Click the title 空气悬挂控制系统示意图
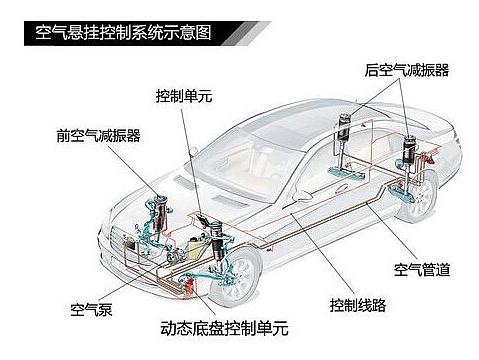click(x=123, y=33)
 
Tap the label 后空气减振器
click(x=407, y=70)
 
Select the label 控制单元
click(x=184, y=96)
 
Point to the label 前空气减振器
click(x=98, y=135)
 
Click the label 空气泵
click(x=91, y=309)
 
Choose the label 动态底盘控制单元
click(x=224, y=328)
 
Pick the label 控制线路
click(x=358, y=305)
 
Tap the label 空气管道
click(x=422, y=269)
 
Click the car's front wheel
click(x=236, y=277)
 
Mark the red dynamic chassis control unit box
click(x=189, y=286)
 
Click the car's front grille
click(x=123, y=241)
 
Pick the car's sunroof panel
click(x=287, y=128)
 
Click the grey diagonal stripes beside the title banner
click(x=247, y=33)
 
